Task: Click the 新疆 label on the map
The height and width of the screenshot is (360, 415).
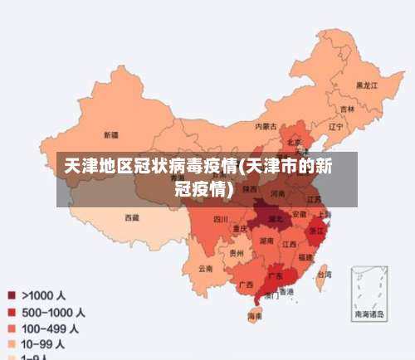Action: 110,134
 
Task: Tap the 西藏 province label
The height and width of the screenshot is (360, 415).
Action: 132,217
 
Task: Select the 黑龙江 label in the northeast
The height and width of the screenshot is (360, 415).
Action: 367,85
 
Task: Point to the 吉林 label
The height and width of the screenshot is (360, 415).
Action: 347,109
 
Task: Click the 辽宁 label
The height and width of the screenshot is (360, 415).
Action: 335,127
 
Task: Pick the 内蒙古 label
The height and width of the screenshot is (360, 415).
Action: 266,126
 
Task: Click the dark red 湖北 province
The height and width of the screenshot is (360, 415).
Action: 271,220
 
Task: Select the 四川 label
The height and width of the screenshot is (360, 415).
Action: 220,219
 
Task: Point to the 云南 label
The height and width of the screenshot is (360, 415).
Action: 205,268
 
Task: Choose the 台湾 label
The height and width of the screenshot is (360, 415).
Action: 325,271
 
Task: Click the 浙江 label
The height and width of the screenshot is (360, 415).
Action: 316,231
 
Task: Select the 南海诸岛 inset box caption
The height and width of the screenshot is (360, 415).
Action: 369,314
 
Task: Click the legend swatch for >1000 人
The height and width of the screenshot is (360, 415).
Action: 12,294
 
